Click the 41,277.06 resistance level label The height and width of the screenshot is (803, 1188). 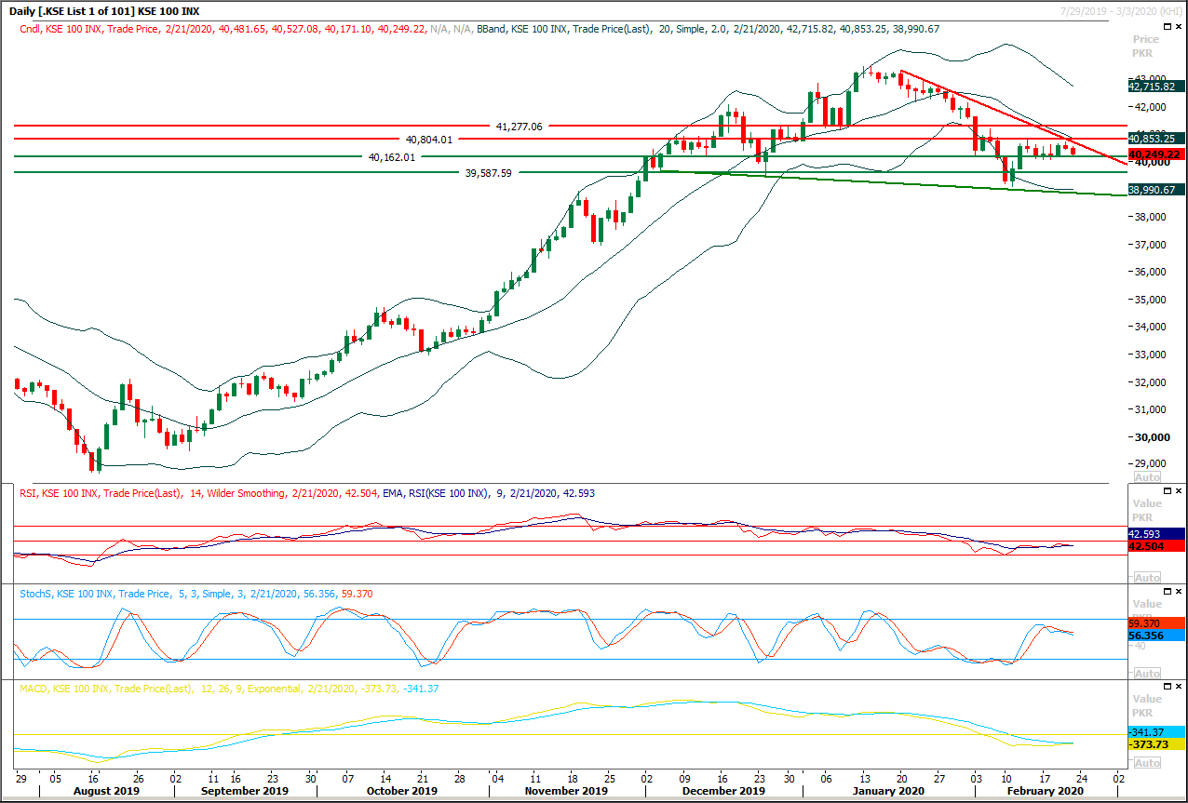pyautogui.click(x=520, y=126)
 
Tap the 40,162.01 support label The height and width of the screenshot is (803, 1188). pyautogui.click(x=392, y=157)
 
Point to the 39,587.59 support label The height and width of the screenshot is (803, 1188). pyautogui.click(x=488, y=173)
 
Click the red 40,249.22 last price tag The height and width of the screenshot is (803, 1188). pyautogui.click(x=1154, y=154)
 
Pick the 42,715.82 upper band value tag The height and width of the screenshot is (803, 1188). pyautogui.click(x=1154, y=86)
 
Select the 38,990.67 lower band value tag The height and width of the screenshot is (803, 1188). pyautogui.click(x=1154, y=189)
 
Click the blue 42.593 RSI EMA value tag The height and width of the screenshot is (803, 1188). pyautogui.click(x=1154, y=534)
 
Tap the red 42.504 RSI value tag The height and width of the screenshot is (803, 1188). pyautogui.click(x=1154, y=546)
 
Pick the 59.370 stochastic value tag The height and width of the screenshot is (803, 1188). pyautogui.click(x=1154, y=623)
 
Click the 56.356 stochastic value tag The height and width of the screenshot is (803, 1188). pyautogui.click(x=1154, y=636)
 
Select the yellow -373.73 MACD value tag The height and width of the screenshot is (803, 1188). pyautogui.click(x=1154, y=744)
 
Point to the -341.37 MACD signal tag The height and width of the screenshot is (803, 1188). pyautogui.click(x=1154, y=732)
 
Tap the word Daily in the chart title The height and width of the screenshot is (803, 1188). pyautogui.click(x=26, y=11)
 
